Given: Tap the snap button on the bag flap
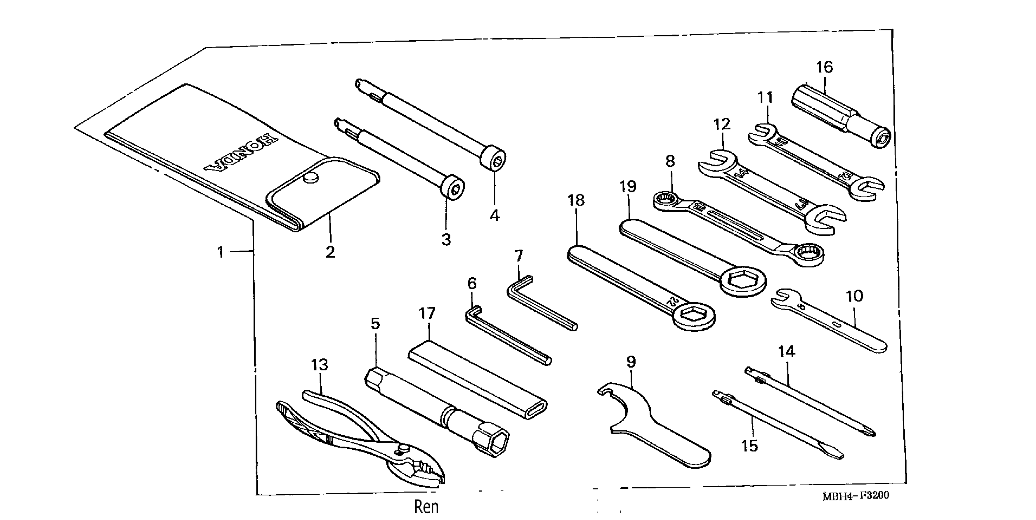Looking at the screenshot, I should click(310, 177).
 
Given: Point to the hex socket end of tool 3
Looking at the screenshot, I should click(454, 188).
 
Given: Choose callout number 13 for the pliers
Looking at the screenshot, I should click(319, 365).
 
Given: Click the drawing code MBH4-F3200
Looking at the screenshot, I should click(855, 496).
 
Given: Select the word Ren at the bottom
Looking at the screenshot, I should click(426, 507).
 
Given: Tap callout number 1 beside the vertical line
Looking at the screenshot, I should click(220, 252).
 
